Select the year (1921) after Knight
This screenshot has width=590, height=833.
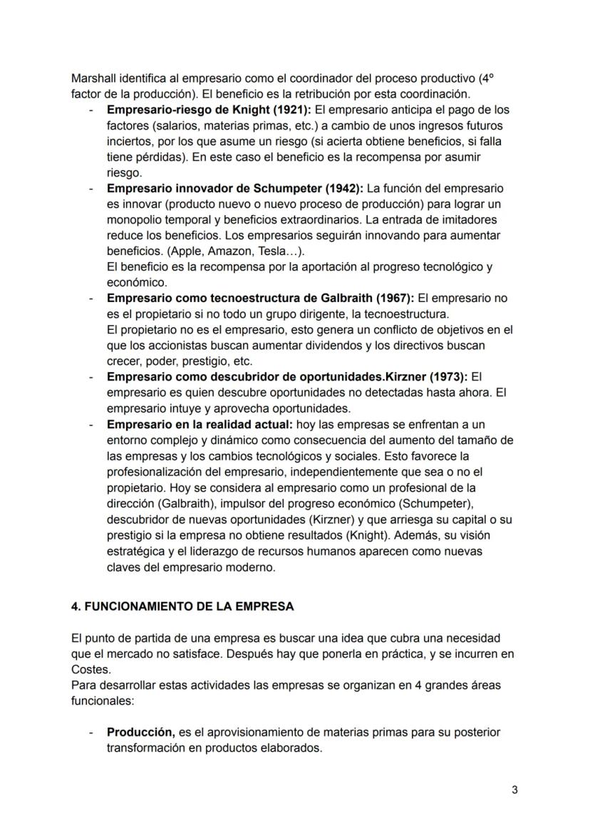pos(288,110)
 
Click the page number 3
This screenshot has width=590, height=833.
pos(514,790)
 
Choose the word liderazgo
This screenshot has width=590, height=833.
pos(200,552)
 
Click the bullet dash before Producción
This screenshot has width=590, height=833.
pos(91,733)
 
